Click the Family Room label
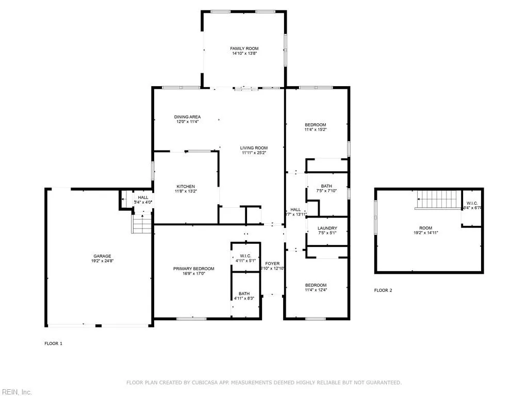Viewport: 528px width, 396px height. coord(244,48)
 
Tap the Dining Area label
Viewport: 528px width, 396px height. coord(187,117)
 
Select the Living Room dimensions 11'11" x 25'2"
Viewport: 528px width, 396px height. coord(254,153)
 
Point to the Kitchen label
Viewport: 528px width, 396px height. coord(186,186)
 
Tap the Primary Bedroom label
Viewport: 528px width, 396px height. coord(193,269)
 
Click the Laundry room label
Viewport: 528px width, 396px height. coord(327,228)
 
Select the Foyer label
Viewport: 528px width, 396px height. coord(272,263)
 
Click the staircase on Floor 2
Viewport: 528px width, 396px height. coord(438,199)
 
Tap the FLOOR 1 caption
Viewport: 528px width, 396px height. coord(53,343)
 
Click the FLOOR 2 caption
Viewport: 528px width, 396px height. coord(383,290)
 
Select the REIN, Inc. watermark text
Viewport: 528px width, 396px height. coord(16,392)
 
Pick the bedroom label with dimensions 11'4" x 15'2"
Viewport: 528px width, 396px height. coord(316,125)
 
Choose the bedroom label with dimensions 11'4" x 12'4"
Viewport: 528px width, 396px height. coord(316,285)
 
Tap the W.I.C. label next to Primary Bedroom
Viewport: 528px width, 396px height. coord(245,256)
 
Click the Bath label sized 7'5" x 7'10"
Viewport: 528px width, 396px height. coord(326,186)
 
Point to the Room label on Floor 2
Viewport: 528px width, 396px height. coord(425,228)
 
